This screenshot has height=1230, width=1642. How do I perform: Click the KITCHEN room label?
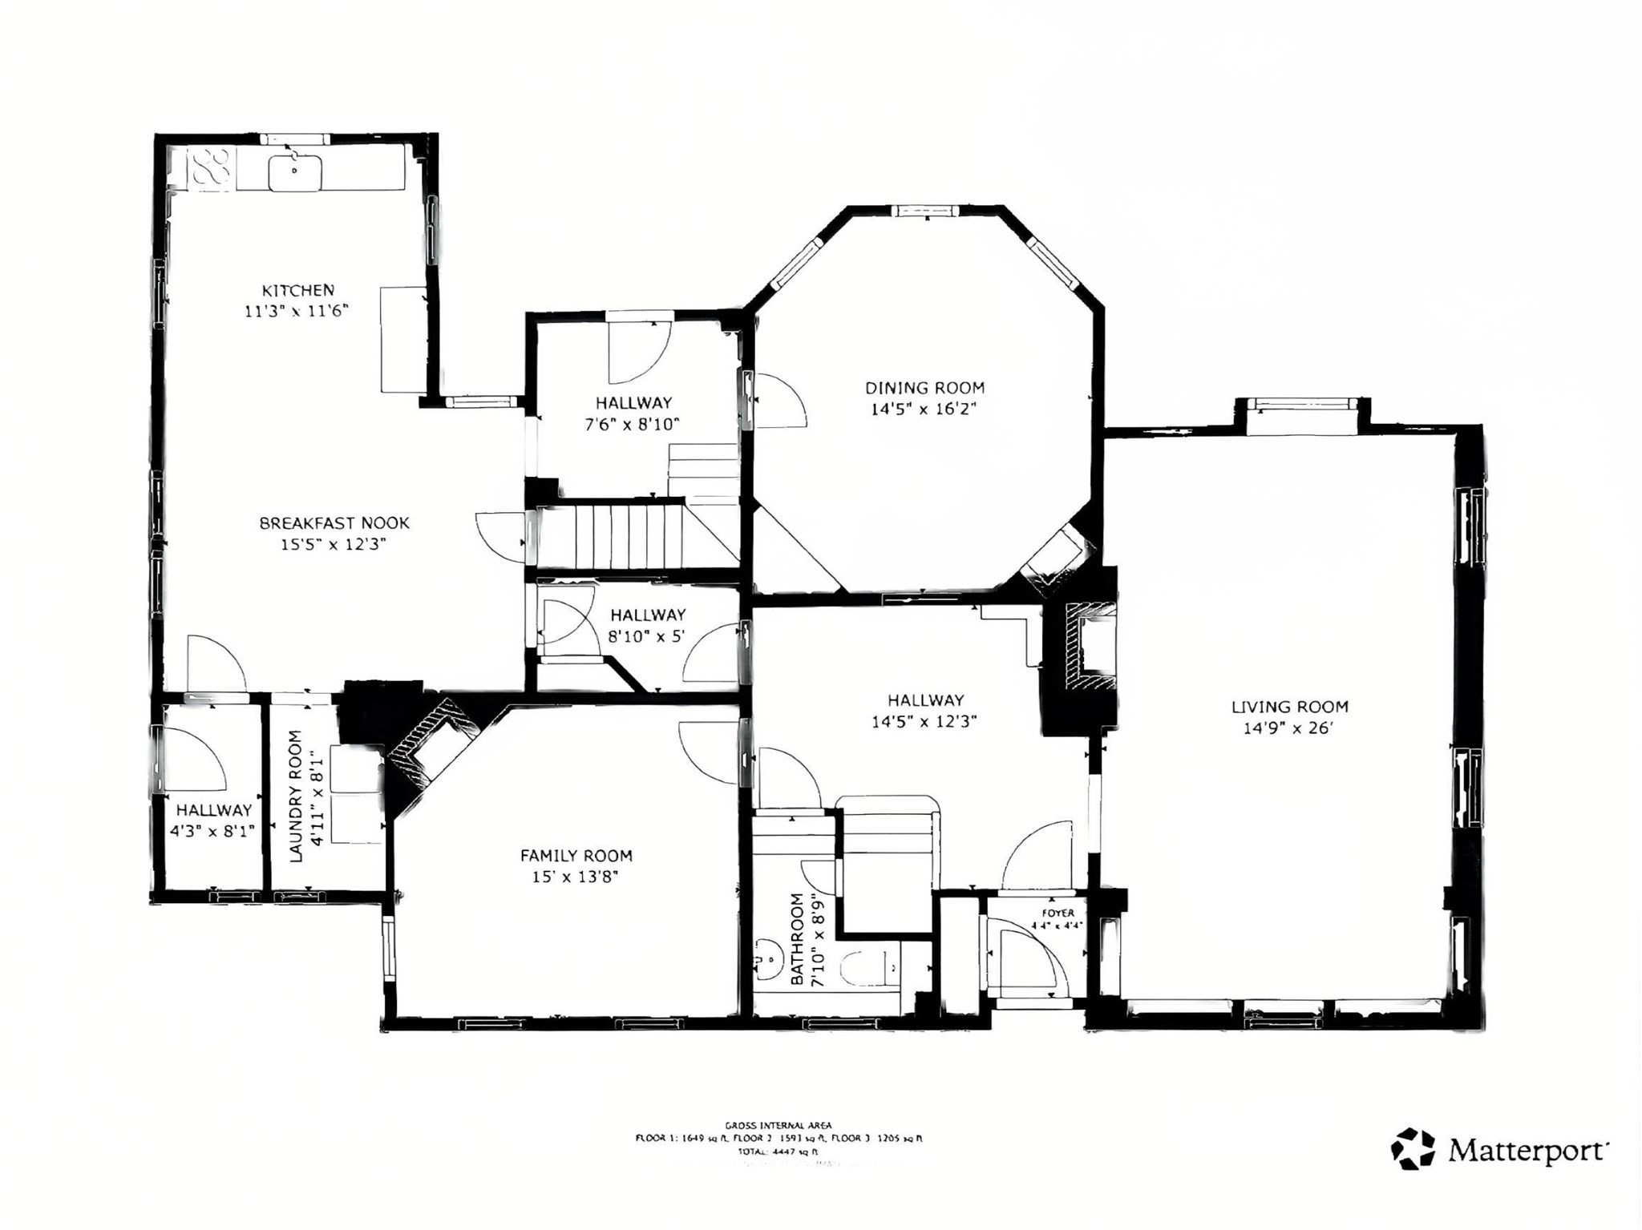click(x=297, y=290)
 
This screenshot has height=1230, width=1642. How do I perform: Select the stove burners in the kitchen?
click(x=212, y=168)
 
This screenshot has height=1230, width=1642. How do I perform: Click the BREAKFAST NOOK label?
click(x=334, y=523)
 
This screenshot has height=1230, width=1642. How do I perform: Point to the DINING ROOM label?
click(x=924, y=388)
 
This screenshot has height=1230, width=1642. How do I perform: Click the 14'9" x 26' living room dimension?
click(x=1288, y=728)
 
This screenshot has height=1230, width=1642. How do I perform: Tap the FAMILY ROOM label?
click(x=576, y=856)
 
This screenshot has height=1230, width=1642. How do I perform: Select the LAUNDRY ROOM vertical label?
click(x=296, y=796)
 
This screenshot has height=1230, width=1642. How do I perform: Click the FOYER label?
click(x=1058, y=913)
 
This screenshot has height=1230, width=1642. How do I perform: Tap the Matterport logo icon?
click(x=1413, y=1149)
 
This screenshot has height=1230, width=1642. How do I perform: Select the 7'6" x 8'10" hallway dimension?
click(x=632, y=425)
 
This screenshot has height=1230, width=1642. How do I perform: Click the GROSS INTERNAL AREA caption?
click(x=778, y=1125)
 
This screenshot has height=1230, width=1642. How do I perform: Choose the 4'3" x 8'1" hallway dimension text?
click(x=212, y=831)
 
